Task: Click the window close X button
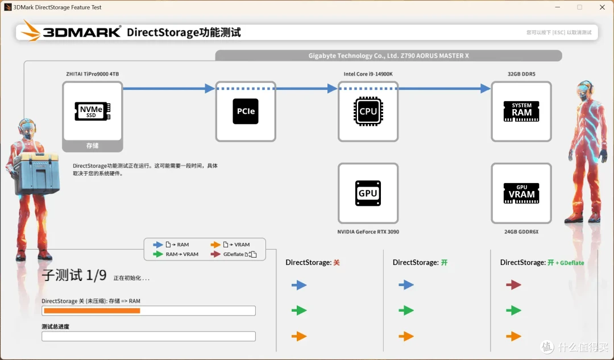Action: pyautogui.click(x=602, y=7)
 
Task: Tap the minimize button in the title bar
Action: pyautogui.click(x=558, y=7)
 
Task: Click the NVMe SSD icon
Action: pyautogui.click(x=93, y=111)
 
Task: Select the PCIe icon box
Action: pyautogui.click(x=246, y=111)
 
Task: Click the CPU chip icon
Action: pyautogui.click(x=368, y=111)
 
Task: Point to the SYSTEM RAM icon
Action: pyautogui.click(x=521, y=111)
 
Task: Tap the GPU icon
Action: pyautogui.click(x=368, y=193)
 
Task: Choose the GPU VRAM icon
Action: pyautogui.click(x=521, y=193)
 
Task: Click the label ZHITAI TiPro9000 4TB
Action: pyautogui.click(x=93, y=74)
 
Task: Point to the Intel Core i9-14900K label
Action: pyautogui.click(x=368, y=74)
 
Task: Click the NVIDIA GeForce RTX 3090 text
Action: pyautogui.click(x=368, y=232)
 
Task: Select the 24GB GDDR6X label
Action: pyautogui.click(x=521, y=232)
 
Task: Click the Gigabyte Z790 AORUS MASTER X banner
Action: pyautogui.click(x=388, y=56)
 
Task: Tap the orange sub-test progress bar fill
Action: pyautogui.click(x=92, y=311)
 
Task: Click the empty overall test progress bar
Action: pyautogui.click(x=149, y=336)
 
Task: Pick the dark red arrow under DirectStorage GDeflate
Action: pyautogui.click(x=513, y=285)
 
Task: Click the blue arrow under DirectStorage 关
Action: pyautogui.click(x=299, y=285)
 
